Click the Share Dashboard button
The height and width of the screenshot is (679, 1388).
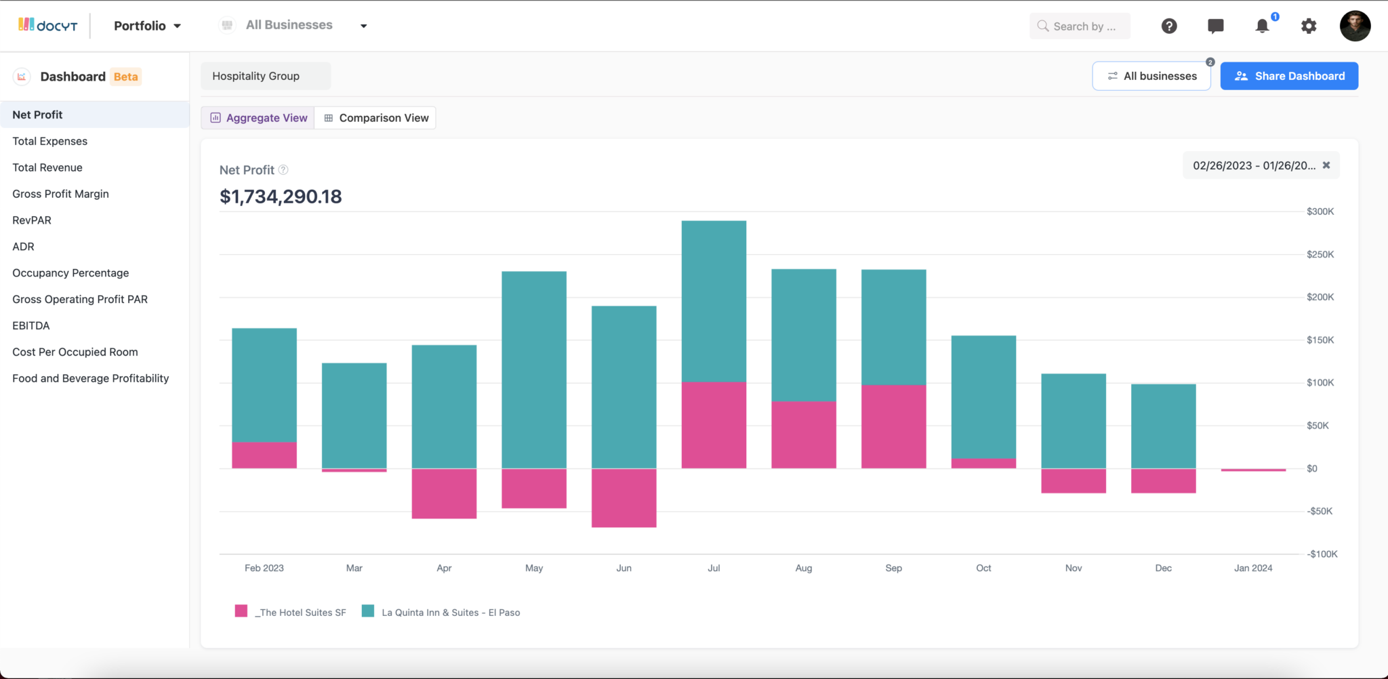pyautogui.click(x=1288, y=76)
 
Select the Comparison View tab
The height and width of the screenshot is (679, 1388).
pyautogui.click(x=375, y=118)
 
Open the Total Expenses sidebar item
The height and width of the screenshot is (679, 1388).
pyautogui.click(x=49, y=141)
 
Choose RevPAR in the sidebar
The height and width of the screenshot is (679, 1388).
pyautogui.click(x=32, y=220)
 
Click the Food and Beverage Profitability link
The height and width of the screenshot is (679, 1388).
pyautogui.click(x=90, y=378)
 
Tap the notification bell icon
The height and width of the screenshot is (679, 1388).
pyautogui.click(x=1261, y=26)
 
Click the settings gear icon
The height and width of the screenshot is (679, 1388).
pyautogui.click(x=1308, y=26)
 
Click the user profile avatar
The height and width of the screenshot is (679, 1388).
pyautogui.click(x=1354, y=26)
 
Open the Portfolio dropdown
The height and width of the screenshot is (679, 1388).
pyautogui.click(x=147, y=26)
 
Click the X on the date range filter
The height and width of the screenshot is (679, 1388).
pyautogui.click(x=1326, y=165)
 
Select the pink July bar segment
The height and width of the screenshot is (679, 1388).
pyautogui.click(x=714, y=425)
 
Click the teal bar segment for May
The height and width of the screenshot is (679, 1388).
pyautogui.click(x=533, y=369)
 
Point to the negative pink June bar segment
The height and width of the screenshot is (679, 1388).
pyautogui.click(x=624, y=497)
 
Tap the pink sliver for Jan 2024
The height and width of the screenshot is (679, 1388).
pyautogui.click(x=1252, y=470)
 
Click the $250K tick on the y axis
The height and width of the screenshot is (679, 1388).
pyautogui.click(x=1320, y=254)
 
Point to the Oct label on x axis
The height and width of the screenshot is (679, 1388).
pyautogui.click(x=983, y=568)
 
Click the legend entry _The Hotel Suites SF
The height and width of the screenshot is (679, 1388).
pyautogui.click(x=291, y=612)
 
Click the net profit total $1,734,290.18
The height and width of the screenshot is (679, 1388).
pyautogui.click(x=281, y=197)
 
